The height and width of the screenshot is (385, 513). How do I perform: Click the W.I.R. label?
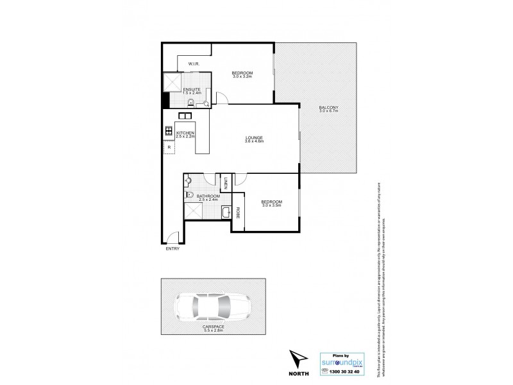196,64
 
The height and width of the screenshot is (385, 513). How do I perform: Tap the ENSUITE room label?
192,89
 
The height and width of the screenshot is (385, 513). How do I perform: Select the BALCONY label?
328,107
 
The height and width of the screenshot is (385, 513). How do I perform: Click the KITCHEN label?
186,132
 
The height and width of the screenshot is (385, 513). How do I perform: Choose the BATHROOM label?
208,196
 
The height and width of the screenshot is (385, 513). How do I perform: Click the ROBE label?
238,213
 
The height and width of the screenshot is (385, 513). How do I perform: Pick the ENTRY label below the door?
172,249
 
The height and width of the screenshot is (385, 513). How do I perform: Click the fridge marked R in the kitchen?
169,148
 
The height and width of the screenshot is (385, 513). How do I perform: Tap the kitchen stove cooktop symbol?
169,132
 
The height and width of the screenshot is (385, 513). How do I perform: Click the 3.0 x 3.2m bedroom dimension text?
242,76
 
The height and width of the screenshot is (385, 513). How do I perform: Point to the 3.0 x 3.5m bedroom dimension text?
272,206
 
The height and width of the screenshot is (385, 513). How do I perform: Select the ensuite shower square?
171,81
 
